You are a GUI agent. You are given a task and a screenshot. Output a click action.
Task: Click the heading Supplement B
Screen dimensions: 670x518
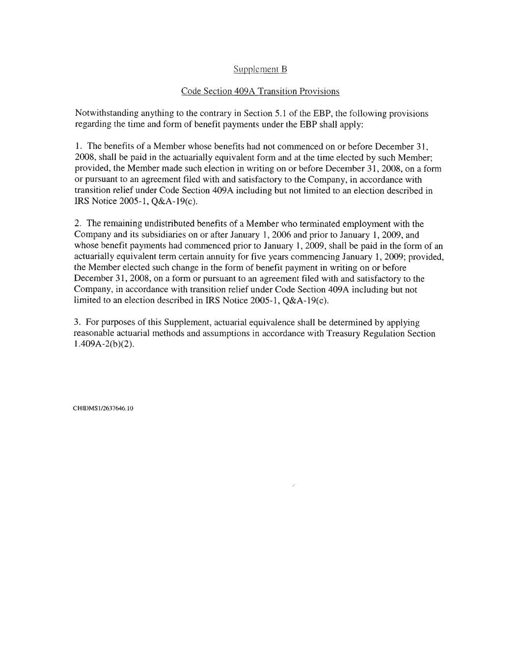click(x=260, y=69)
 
